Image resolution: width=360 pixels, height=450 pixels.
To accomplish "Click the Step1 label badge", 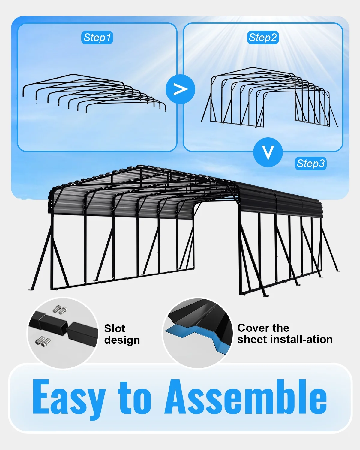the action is (x=97, y=37).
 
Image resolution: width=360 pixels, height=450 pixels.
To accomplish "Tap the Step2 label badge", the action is (x=263, y=37).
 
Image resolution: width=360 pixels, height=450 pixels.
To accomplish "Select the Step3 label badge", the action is (x=310, y=163).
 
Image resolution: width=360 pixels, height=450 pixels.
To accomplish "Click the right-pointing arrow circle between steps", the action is (x=180, y=89).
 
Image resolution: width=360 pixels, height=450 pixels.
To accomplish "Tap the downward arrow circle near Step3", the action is (x=268, y=152).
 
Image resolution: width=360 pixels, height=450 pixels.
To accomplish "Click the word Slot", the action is (x=115, y=328).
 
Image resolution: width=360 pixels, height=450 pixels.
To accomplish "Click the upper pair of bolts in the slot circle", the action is (x=60, y=310).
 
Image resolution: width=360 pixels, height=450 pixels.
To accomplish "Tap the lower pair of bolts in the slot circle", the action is (x=43, y=342).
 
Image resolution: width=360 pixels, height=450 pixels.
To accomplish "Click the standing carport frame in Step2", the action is (x=269, y=97).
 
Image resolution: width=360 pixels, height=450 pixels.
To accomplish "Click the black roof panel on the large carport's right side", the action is (x=278, y=201).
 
